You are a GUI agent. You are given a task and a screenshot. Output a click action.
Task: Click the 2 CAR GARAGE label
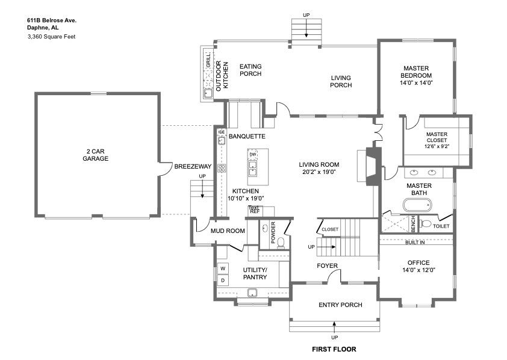click(x=95, y=155)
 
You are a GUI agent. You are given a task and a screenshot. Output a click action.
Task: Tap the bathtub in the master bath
click(x=417, y=205)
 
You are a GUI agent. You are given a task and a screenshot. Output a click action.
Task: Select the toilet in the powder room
click(x=281, y=243)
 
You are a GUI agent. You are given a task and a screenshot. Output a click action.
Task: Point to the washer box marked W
click(x=223, y=268)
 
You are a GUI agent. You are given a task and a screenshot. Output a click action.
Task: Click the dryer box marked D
click(x=223, y=280)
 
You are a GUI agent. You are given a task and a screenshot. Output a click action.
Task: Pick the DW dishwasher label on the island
click(x=253, y=155)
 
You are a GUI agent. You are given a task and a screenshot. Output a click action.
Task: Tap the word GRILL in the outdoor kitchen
click(x=208, y=60)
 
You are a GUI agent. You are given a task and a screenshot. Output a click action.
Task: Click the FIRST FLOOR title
click(x=334, y=349)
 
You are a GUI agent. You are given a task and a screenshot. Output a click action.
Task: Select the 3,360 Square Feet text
click(x=52, y=37)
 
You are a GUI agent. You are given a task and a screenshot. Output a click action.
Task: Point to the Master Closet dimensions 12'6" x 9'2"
click(x=437, y=146)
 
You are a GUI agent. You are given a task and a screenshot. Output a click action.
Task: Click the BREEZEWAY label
click(x=193, y=166)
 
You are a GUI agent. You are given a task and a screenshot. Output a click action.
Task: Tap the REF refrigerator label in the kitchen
click(x=255, y=211)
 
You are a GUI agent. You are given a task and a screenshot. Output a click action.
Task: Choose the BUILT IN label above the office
click(x=415, y=243)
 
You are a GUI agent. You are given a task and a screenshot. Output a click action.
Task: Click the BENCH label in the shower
click(x=413, y=223)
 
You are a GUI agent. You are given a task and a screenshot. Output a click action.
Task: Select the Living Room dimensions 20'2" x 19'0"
click(x=319, y=172)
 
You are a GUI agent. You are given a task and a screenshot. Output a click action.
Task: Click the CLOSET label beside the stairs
click(x=330, y=229)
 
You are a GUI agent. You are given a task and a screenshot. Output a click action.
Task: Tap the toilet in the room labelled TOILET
click(x=425, y=223)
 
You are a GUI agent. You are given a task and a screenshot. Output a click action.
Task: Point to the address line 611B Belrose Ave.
click(x=52, y=20)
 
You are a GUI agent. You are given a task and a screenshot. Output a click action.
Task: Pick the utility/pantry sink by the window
click(x=252, y=293)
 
